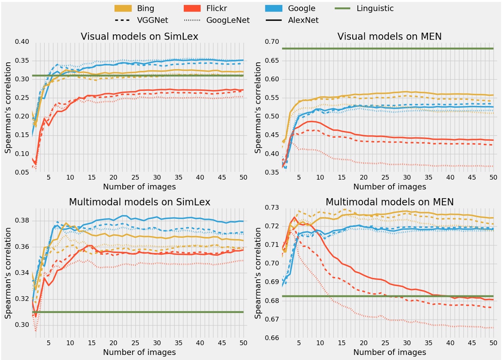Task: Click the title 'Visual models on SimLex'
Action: point(139,37)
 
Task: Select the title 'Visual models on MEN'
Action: point(389,37)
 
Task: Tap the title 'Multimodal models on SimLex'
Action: point(139,202)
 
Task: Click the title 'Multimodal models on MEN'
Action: point(389,202)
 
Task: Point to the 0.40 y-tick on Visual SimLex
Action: point(22,42)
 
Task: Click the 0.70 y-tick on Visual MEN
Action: point(272,42)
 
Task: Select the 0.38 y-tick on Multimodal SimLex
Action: point(22,221)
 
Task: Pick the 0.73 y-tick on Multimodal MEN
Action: point(272,208)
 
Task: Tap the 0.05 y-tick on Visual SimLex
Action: point(22,172)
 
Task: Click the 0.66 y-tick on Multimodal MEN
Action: point(272,338)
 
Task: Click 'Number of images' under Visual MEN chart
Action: point(389,187)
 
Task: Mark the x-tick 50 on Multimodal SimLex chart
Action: point(243,343)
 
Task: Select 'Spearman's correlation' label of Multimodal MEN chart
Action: point(258,273)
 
